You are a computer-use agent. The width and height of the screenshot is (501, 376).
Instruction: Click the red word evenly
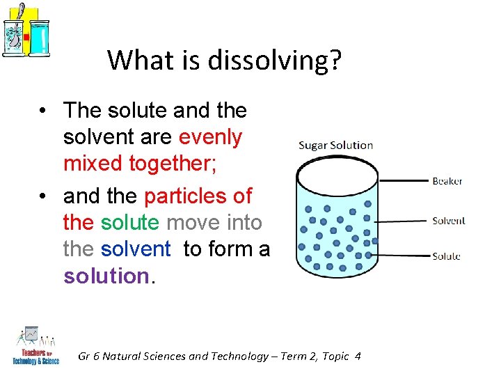(x=211, y=136)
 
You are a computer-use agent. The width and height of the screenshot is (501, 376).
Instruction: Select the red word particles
(x=198, y=196)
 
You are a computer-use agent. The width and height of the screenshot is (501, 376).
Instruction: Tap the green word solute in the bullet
(x=131, y=223)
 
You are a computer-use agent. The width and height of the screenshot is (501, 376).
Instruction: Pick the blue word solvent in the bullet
(x=136, y=249)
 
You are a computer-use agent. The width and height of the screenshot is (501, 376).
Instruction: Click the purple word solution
(x=106, y=276)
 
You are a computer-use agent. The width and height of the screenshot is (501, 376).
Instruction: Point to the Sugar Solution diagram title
(x=336, y=146)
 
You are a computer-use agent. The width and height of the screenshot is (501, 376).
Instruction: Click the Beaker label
(x=447, y=181)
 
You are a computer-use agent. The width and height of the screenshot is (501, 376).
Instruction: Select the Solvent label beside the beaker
(x=448, y=221)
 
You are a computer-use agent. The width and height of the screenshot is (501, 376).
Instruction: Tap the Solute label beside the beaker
(x=446, y=256)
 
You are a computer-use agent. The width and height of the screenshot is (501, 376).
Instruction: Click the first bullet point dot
(x=43, y=111)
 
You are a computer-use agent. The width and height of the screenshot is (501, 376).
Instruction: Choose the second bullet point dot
(x=43, y=197)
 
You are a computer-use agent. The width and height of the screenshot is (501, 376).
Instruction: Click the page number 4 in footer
(x=358, y=357)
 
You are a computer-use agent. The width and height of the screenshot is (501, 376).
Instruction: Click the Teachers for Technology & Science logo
(x=35, y=347)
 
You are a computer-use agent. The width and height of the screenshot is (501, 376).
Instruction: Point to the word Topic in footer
(x=335, y=357)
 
